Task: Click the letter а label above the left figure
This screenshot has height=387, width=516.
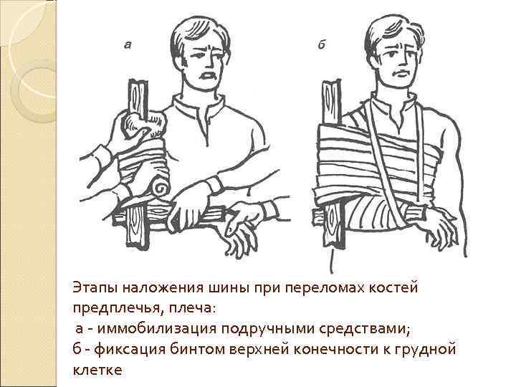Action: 128,44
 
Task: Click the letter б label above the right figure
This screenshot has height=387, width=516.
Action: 322,44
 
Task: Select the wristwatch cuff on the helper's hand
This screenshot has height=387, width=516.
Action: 215,185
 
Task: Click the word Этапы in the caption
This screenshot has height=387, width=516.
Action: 95,288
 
